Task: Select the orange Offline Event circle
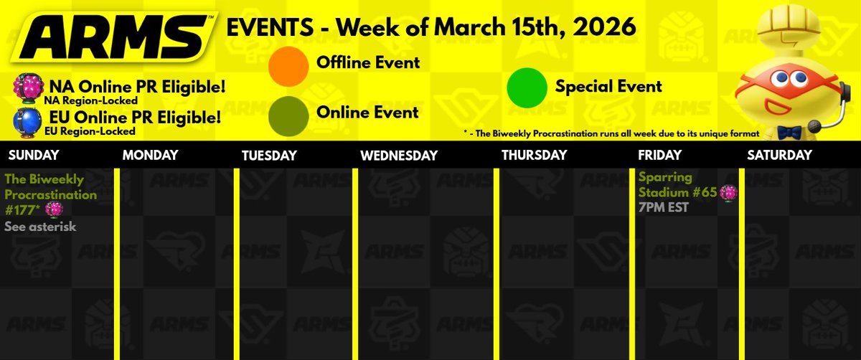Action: click(x=289, y=63)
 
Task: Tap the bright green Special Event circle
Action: click(x=527, y=87)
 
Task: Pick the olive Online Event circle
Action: click(x=289, y=113)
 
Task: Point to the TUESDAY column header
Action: click(x=269, y=155)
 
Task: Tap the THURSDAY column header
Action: click(x=534, y=155)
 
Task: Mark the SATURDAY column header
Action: click(x=779, y=155)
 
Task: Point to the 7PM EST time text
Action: click(x=664, y=207)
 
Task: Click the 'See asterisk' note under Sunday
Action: click(x=40, y=227)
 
